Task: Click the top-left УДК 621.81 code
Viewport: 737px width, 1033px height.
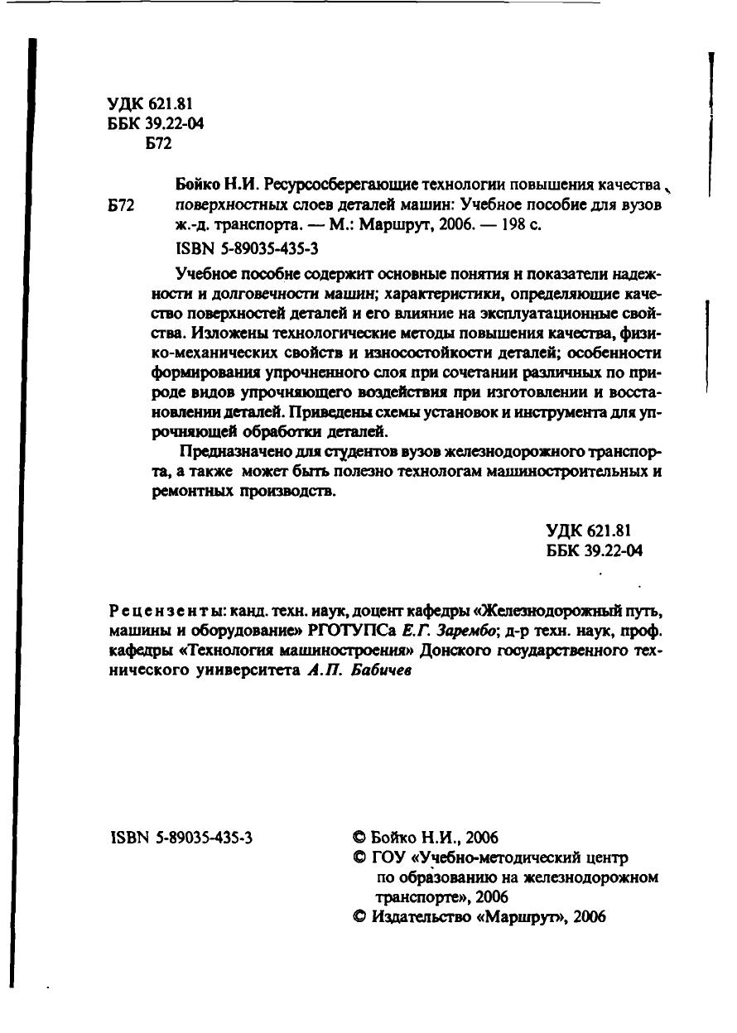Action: pos(150,103)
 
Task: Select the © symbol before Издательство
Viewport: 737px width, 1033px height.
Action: pos(358,917)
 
